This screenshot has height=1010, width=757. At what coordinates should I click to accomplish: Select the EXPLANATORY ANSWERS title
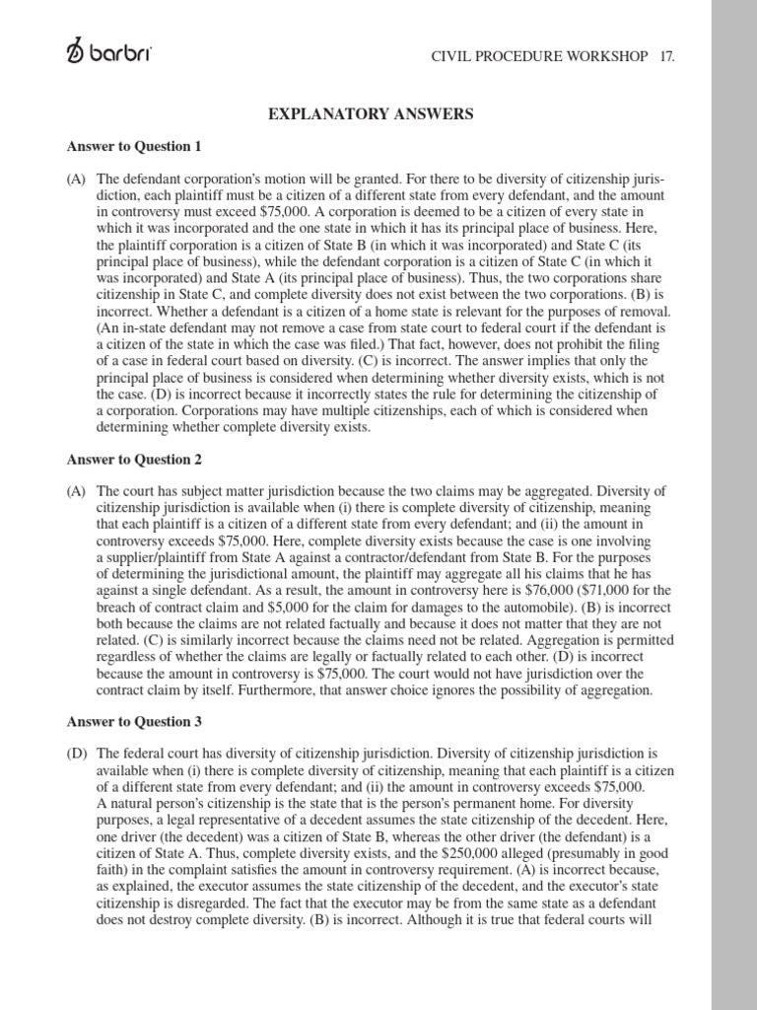(371, 114)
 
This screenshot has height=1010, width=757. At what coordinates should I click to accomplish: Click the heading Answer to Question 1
(134, 147)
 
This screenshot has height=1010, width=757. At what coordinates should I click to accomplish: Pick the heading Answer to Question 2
(134, 460)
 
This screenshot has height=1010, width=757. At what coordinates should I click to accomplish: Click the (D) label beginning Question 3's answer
(77, 754)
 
